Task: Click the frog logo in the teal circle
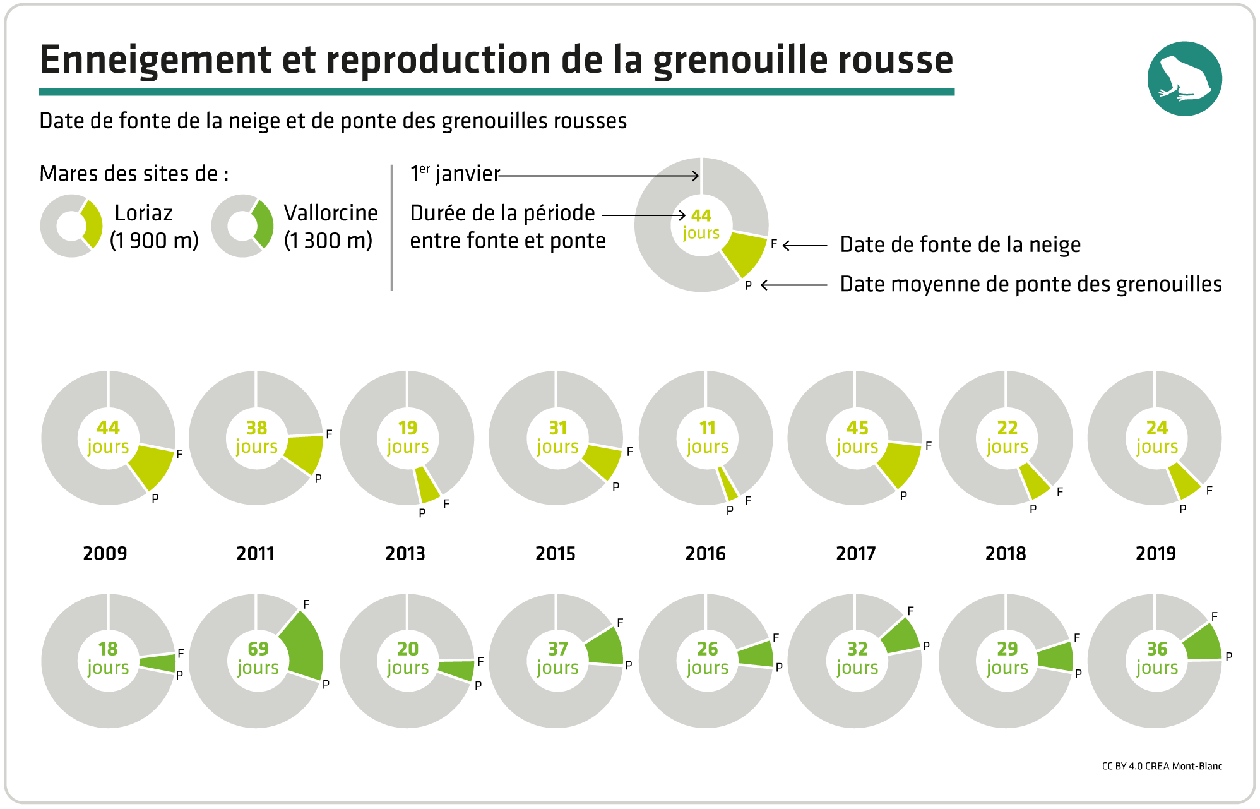(1184, 79)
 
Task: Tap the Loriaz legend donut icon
(71, 225)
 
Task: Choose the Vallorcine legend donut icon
(242, 225)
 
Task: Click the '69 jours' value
(258, 657)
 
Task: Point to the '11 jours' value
(707, 436)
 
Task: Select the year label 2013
(405, 553)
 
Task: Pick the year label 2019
(1155, 553)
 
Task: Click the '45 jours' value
(857, 436)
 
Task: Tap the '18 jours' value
(108, 657)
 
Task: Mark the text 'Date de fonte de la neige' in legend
(960, 244)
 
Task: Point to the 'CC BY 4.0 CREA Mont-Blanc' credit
(1162, 766)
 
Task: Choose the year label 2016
(705, 553)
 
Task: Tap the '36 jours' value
(1156, 657)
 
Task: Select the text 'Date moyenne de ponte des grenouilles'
(1030, 284)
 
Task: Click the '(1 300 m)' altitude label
(328, 241)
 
